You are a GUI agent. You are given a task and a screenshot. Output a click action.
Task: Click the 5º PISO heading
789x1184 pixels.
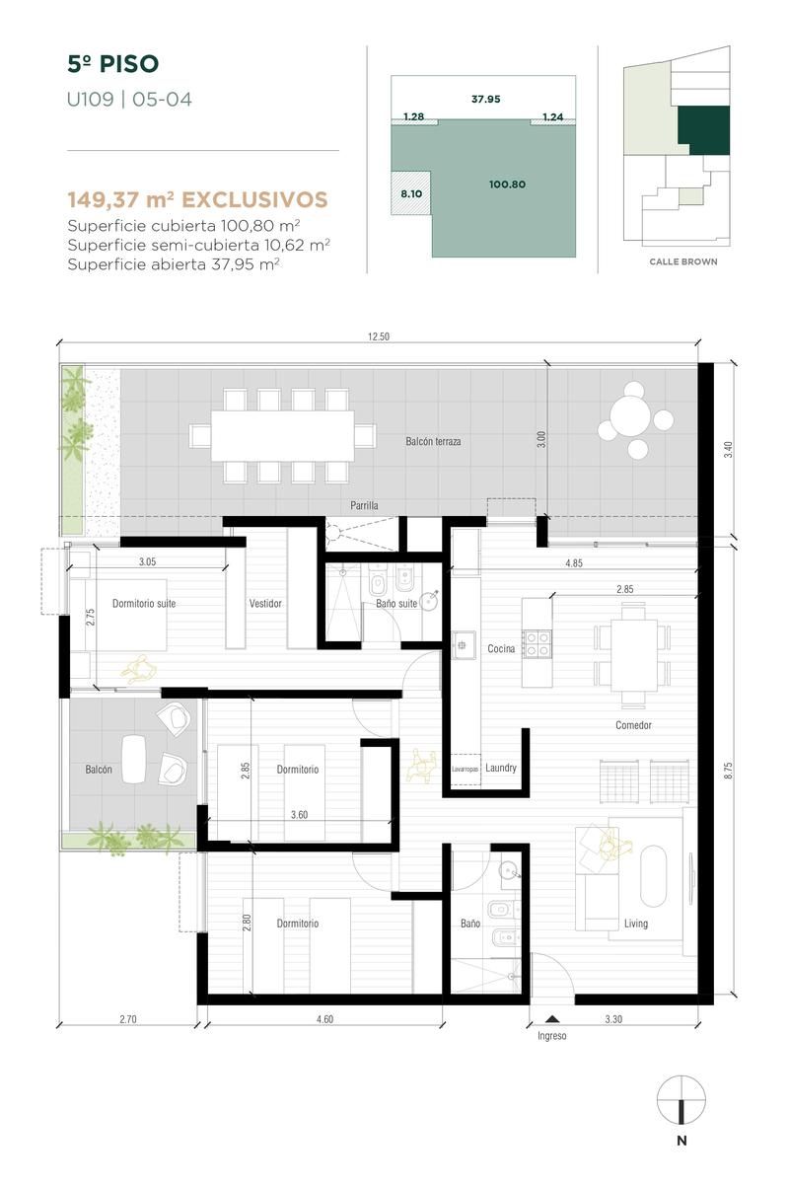[x=113, y=64]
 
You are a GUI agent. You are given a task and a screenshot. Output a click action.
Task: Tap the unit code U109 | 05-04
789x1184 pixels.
[x=129, y=100]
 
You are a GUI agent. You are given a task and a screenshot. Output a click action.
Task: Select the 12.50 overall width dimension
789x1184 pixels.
[x=379, y=336]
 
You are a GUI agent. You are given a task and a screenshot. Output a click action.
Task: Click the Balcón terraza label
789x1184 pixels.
[x=433, y=441]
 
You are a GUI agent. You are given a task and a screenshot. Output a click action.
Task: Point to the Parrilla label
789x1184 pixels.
[x=364, y=505]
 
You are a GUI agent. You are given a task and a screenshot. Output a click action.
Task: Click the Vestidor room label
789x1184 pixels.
[x=265, y=603]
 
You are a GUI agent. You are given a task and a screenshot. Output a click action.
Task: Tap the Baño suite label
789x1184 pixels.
[x=396, y=603]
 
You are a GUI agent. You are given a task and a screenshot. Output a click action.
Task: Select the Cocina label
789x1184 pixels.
[x=501, y=648]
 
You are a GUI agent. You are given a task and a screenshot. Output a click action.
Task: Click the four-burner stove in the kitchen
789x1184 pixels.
[x=537, y=643]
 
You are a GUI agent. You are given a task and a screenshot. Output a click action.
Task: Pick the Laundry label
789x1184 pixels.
[x=501, y=768]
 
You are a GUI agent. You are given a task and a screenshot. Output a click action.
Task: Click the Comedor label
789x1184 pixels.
[x=633, y=725]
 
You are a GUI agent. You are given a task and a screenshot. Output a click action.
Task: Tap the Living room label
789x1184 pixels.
[x=636, y=923]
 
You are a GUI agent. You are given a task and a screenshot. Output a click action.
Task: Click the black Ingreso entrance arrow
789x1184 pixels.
[x=552, y=1018]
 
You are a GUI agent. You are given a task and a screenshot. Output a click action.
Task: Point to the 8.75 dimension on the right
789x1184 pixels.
[x=728, y=771]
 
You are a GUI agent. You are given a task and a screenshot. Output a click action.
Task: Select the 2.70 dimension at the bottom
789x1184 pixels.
[x=128, y=1019]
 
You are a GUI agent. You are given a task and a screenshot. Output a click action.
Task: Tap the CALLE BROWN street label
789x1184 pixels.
[x=683, y=261]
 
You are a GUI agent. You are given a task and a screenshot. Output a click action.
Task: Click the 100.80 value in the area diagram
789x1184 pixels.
[x=507, y=185]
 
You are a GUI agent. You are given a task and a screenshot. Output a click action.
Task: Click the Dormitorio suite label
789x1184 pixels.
[x=144, y=603]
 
